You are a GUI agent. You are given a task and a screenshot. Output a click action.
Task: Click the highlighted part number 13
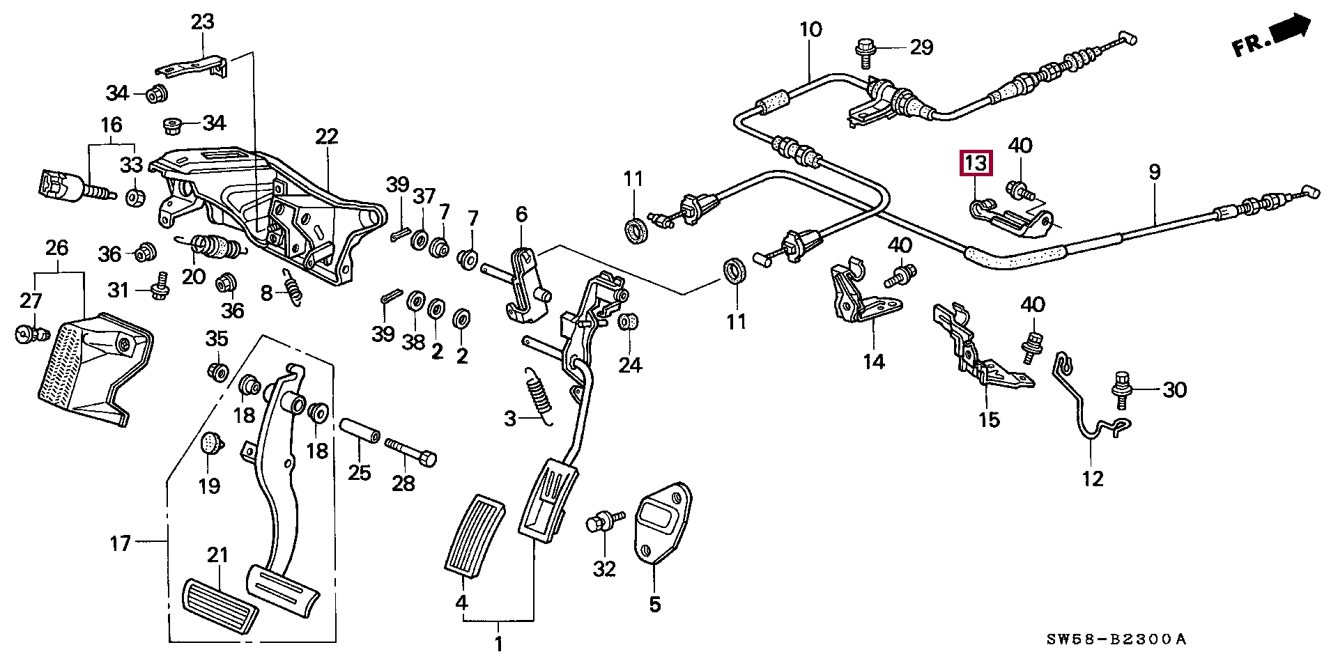coord(976,163)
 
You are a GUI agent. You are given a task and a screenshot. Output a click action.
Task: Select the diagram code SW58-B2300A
coord(1116,639)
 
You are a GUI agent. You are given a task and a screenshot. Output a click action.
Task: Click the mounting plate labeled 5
coord(661,523)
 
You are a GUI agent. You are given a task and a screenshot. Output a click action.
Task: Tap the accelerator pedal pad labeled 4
coord(475,537)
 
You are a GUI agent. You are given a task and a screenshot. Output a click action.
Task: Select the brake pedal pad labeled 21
coord(220,606)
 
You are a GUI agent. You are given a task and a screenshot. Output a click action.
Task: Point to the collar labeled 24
coord(629,323)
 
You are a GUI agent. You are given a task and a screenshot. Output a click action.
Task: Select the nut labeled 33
coord(135,197)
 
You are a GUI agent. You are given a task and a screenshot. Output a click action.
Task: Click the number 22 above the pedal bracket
coord(326,136)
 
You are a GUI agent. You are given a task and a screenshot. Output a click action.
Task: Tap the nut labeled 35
coord(218,370)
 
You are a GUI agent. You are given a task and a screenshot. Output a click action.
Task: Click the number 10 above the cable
coord(810,29)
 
